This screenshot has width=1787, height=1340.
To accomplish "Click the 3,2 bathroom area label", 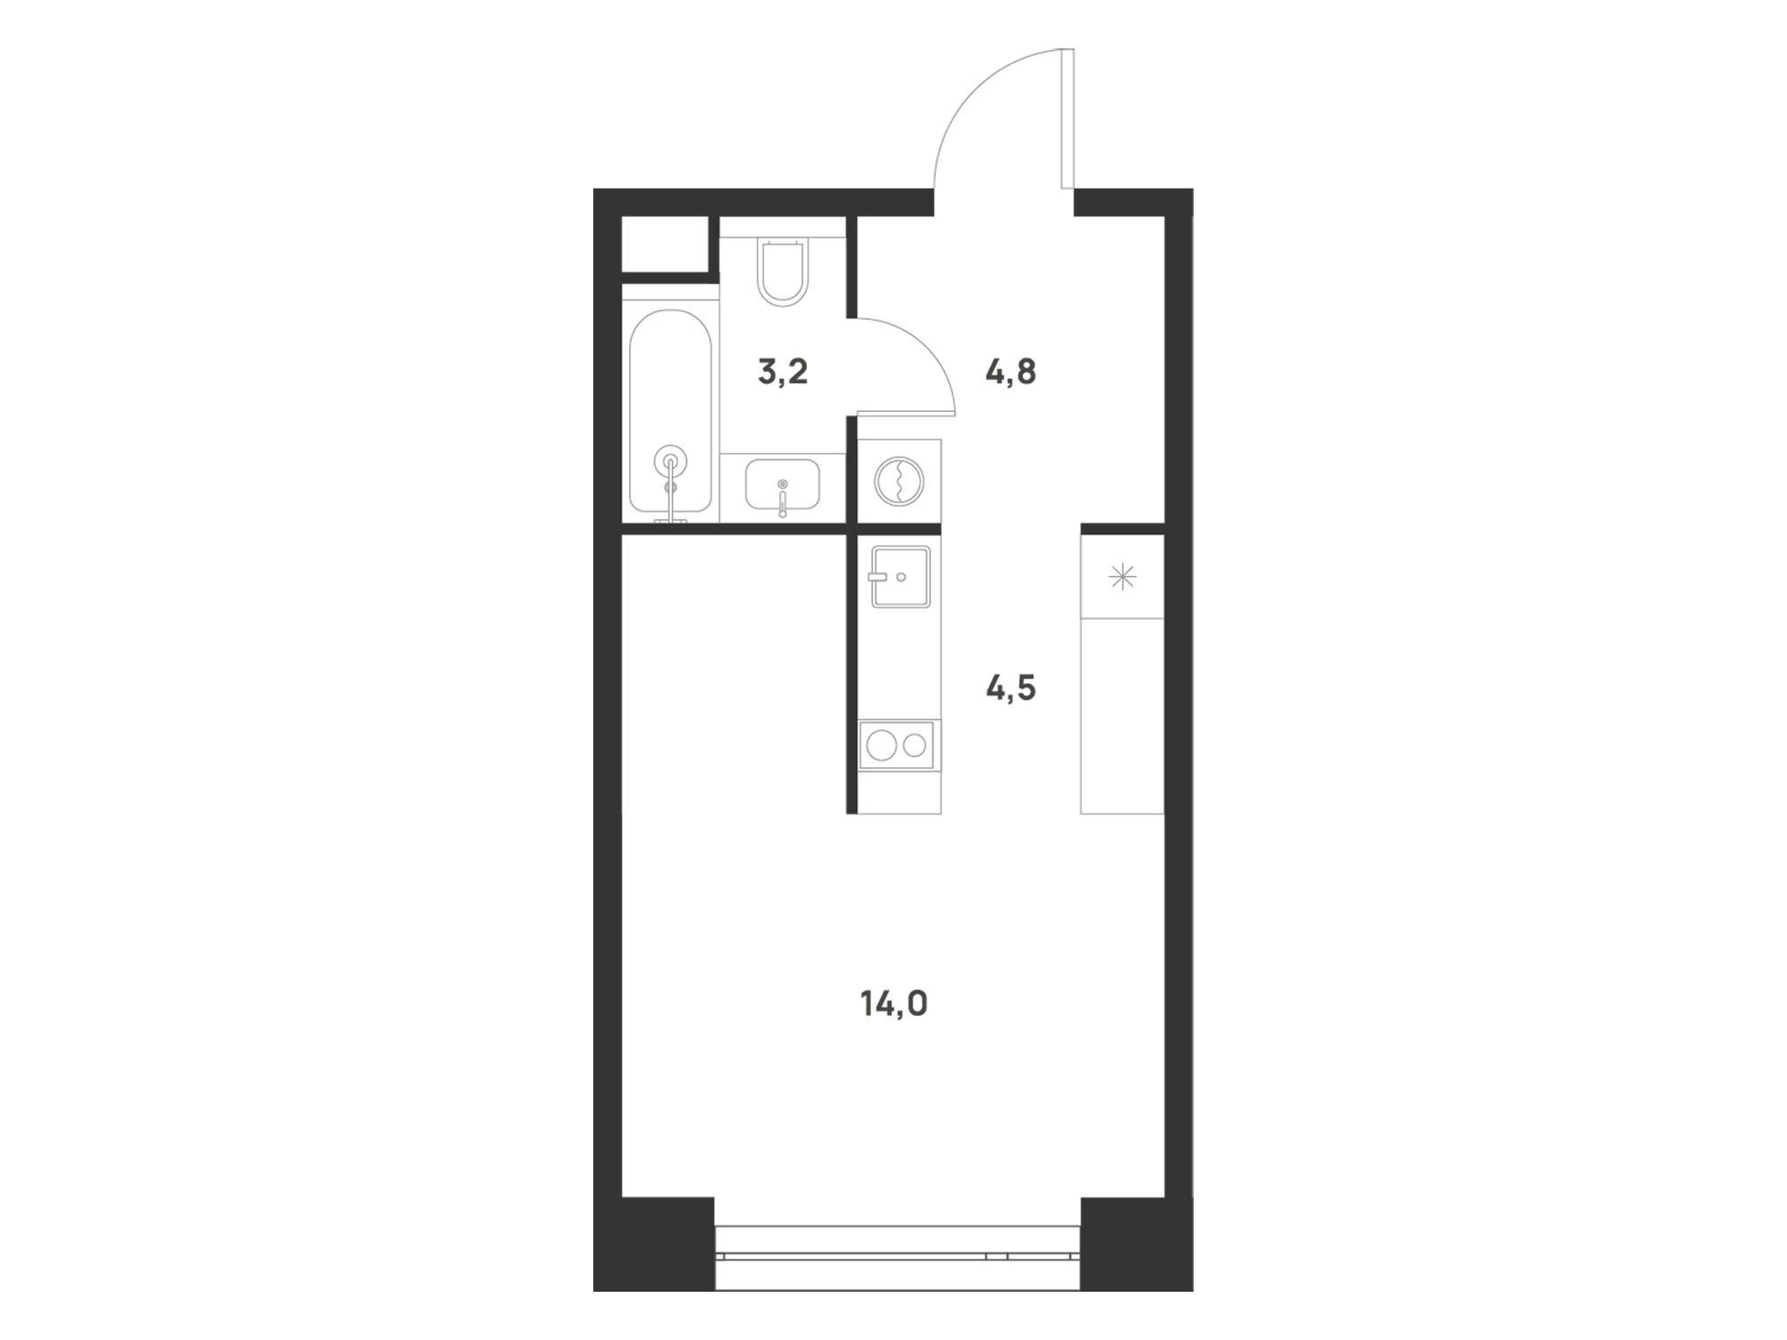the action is coord(783,371).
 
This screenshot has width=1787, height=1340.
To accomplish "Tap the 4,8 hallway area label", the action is coord(1011,371).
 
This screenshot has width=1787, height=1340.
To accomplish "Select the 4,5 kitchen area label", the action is coord(1011,688).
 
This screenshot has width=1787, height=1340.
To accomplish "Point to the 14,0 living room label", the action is coord(894,1005).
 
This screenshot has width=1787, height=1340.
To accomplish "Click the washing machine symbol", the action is coord(900,482).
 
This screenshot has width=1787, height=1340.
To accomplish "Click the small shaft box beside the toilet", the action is coord(665,243).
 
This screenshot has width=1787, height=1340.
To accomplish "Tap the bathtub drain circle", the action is coord(670,462).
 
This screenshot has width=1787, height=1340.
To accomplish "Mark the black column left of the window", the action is coord(654,1244).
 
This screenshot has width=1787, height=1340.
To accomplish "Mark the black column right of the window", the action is coord(1137,1244).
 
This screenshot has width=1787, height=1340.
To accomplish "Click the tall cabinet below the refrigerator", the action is coord(1122,716).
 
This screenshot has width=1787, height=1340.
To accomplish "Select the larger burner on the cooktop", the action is coord(881,745).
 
